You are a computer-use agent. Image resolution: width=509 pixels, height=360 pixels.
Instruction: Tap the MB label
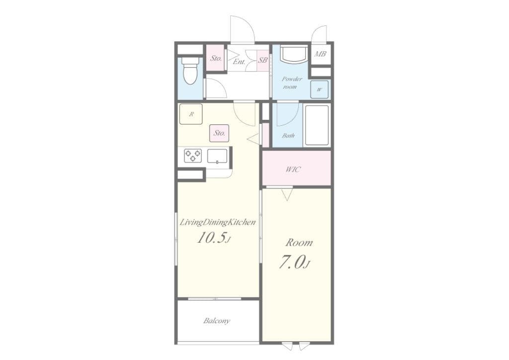point(320,54)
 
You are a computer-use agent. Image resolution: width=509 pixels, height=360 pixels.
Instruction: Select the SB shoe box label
point(262,60)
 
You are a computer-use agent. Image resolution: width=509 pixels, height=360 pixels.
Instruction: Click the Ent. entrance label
point(239,62)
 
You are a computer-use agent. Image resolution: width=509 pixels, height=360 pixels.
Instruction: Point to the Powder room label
point(291,83)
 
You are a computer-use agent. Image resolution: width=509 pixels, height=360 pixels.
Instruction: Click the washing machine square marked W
point(319,90)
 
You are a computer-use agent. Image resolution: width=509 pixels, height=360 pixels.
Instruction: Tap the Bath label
point(288,136)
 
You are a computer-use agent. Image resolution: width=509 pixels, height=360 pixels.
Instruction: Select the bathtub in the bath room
point(317,125)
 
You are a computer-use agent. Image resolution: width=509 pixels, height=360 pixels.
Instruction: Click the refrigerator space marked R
point(191,114)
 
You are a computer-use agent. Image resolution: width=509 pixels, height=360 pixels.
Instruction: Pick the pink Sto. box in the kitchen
point(219,133)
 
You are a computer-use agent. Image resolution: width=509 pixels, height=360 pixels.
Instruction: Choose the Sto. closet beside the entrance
point(216,58)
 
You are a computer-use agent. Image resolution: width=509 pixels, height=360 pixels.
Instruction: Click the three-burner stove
point(193,156)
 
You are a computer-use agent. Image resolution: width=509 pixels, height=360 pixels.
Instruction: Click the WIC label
point(293,170)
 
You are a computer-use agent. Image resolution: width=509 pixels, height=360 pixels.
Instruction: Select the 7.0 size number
point(293,263)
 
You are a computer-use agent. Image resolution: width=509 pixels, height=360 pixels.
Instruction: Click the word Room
point(299,243)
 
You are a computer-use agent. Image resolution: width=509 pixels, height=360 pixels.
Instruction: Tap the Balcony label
point(217,321)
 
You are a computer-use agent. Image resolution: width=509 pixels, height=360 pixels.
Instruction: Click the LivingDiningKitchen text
point(218,223)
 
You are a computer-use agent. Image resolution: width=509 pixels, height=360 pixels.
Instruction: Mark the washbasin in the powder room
point(294,54)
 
